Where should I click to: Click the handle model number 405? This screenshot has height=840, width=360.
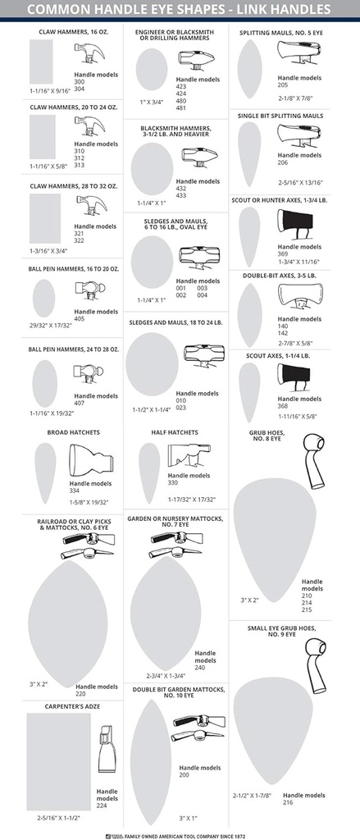click(80, 319)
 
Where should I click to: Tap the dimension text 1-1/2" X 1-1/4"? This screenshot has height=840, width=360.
click(151, 410)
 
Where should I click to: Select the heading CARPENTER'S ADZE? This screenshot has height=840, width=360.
click(72, 706)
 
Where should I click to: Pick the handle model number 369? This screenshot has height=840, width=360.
click(283, 254)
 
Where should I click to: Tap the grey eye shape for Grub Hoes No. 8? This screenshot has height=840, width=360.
click(275, 540)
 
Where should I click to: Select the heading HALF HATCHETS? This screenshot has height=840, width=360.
click(175, 432)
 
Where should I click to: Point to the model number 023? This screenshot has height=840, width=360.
click(181, 407)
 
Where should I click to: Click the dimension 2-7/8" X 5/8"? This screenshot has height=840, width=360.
click(295, 344)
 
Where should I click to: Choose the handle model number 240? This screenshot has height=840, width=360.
click(200, 668)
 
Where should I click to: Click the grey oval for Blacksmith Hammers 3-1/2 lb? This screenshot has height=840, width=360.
click(153, 169)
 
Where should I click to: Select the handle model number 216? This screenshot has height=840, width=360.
click(289, 802)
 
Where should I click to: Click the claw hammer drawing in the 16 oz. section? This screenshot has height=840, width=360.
click(89, 52)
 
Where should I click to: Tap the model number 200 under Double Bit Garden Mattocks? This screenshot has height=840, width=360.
click(185, 775)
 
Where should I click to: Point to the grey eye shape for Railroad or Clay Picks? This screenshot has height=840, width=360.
click(68, 624)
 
